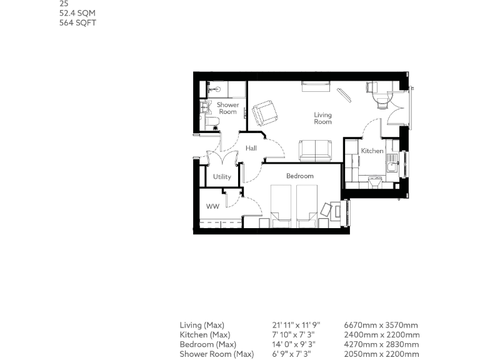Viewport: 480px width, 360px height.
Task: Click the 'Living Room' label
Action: [322, 118]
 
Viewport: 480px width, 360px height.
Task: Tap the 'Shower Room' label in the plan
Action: [227, 108]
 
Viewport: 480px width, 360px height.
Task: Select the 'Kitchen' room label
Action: [372, 151]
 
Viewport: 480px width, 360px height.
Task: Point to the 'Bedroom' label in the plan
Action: [299, 176]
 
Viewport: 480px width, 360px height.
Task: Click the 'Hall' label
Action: [251, 148]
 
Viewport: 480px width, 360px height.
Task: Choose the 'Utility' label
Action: [222, 176]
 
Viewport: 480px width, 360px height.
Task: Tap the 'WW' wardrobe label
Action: [212, 206]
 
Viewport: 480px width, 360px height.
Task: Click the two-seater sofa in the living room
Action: [315, 150]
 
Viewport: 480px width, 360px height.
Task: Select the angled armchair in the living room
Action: [266, 113]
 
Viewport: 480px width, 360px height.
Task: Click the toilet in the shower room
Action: [211, 121]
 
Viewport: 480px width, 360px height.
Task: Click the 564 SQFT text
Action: [77, 23]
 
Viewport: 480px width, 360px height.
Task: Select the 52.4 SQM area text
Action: [77, 13]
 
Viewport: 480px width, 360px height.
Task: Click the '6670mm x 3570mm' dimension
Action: [381, 325]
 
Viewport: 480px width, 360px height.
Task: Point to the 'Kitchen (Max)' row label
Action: [205, 335]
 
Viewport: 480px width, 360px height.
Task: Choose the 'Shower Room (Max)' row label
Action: [216, 354]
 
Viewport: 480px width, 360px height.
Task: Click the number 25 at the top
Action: [63, 3]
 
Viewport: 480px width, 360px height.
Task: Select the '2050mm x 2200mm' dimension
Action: [381, 354]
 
